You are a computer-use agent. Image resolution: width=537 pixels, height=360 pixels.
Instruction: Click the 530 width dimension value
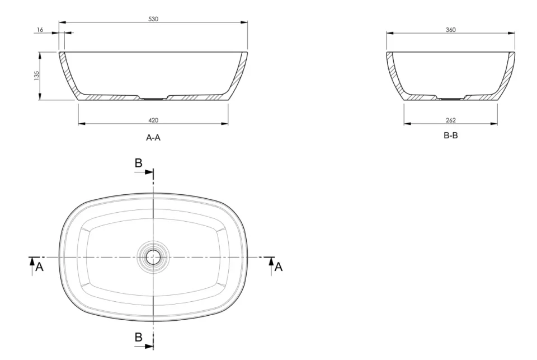pyautogui.click(x=153, y=19)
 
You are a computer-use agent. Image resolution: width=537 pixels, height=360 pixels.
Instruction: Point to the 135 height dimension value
pyautogui.click(x=36, y=76)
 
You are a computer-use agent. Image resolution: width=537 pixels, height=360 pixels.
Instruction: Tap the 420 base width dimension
pyautogui.click(x=153, y=120)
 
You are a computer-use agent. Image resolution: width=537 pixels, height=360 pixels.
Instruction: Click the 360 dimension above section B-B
pyautogui.click(x=450, y=29)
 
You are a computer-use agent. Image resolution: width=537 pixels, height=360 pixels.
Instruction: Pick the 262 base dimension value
pyautogui.click(x=450, y=120)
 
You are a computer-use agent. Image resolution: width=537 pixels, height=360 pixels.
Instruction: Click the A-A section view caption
pyautogui.click(x=153, y=138)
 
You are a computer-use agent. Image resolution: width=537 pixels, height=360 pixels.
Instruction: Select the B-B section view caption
pyautogui.click(x=450, y=136)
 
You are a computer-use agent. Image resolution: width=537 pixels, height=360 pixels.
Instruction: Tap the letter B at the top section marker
pyautogui.click(x=139, y=163)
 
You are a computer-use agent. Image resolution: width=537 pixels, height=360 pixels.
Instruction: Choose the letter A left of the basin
pyautogui.click(x=39, y=268)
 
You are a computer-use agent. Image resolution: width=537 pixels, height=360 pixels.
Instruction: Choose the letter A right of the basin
pyautogui.click(x=278, y=268)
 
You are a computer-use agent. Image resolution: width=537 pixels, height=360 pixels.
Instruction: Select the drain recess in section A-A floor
pyautogui.click(x=153, y=99)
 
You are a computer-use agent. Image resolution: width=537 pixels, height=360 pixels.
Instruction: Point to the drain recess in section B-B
pyautogui.click(x=450, y=99)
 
